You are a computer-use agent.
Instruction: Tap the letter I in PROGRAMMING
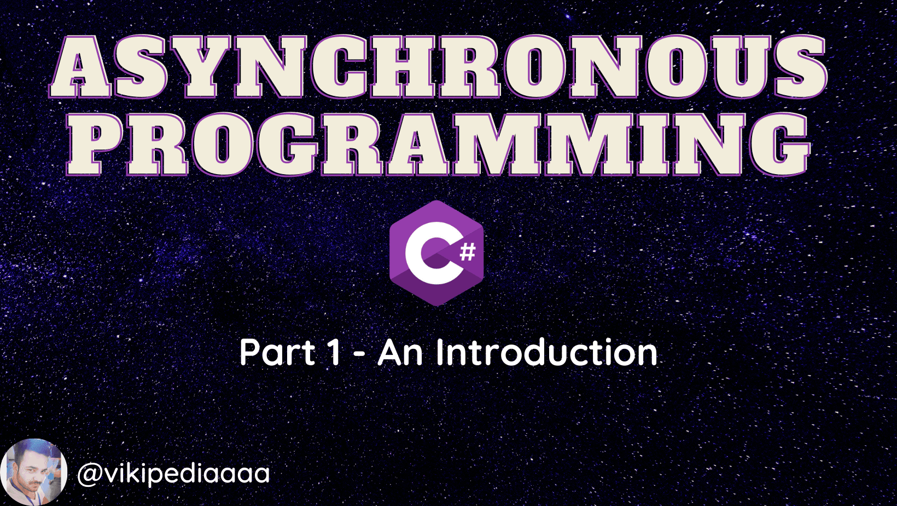tap(657, 145)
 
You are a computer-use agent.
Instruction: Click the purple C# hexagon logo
tap(436, 254)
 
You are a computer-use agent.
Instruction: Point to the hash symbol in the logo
tap(467, 252)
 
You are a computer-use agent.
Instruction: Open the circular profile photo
tap(34, 472)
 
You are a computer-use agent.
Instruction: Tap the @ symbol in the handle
tap(90, 475)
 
